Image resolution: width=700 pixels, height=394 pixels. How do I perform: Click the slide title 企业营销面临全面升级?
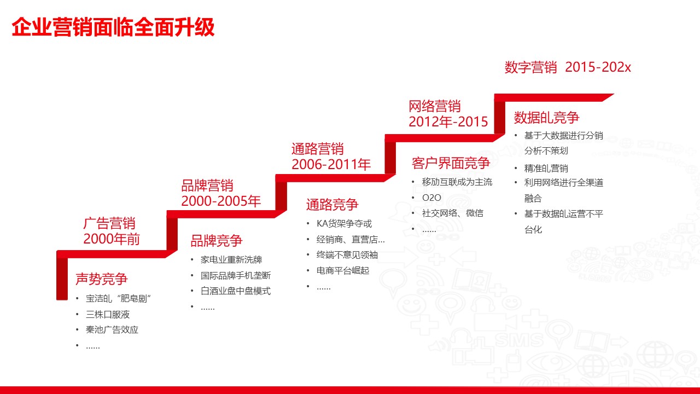point(113,27)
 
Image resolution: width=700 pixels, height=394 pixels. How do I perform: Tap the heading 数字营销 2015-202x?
point(568,67)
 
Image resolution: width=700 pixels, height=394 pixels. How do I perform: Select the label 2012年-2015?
point(448,121)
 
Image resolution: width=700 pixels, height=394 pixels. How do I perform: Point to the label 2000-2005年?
point(221,201)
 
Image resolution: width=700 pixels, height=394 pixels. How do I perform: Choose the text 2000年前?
point(112,239)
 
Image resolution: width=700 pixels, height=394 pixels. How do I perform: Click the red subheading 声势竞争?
point(102,279)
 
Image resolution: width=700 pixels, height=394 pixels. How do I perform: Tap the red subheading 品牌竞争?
point(217,241)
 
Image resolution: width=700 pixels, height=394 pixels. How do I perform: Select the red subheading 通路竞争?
point(332,205)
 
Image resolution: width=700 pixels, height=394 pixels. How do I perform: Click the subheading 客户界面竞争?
point(451,163)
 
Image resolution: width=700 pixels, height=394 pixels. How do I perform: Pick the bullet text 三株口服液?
point(108,315)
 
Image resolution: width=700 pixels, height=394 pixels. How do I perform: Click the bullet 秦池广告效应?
point(112,330)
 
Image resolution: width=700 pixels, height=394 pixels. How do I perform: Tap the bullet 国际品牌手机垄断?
point(236,275)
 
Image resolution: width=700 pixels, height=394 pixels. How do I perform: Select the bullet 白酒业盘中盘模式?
point(236,291)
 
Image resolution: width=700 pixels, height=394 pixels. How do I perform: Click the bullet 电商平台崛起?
point(343,270)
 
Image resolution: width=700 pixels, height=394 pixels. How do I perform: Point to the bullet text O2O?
point(431,198)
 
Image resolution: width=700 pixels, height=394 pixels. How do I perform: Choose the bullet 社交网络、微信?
point(452,213)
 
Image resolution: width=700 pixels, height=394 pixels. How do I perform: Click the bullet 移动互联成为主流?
point(457,182)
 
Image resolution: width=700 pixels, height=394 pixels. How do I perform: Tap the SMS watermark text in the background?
point(520,340)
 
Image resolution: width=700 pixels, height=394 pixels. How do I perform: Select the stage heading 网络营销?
point(435,106)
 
